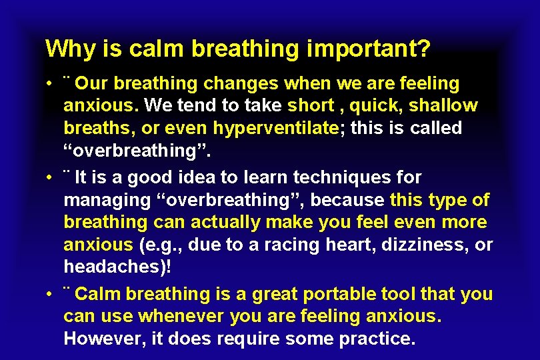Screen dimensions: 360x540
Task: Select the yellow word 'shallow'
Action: click(x=443, y=105)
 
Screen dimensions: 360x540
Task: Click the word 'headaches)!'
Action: click(x=111, y=267)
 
